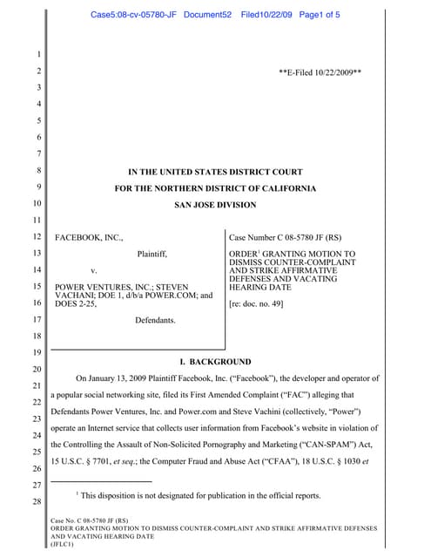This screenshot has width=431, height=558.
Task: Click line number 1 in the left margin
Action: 27,57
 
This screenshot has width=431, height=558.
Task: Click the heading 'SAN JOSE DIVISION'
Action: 215,206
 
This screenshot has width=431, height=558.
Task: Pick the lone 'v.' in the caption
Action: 93,270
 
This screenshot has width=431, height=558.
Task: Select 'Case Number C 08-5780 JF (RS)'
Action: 285,237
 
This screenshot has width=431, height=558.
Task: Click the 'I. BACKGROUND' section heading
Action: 215,361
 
